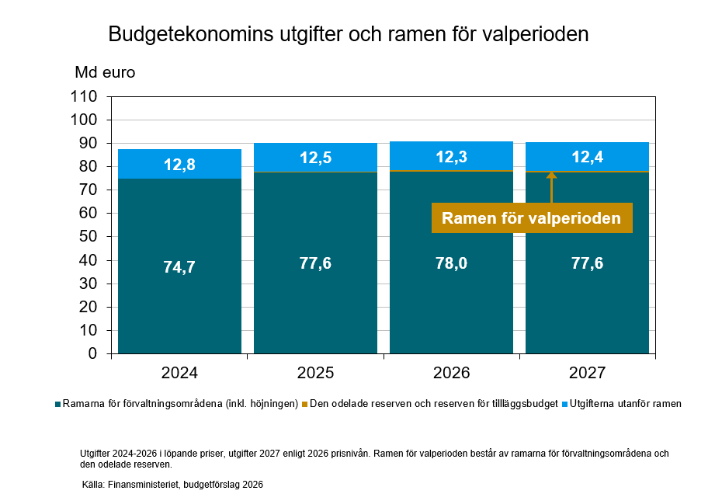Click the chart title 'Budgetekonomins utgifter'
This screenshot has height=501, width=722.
point(348,35)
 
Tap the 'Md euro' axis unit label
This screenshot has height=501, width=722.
point(105,73)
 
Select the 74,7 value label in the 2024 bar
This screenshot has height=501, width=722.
point(179,267)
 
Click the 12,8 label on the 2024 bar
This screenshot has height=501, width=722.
point(179,165)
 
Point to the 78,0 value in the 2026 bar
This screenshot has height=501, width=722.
point(451,263)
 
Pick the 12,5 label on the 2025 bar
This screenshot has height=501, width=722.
point(315,158)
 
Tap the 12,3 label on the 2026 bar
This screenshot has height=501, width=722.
point(451,157)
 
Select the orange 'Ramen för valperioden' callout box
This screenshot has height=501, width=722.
point(531,218)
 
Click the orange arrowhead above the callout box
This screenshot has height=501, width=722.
point(551,176)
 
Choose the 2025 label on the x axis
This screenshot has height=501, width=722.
point(315,373)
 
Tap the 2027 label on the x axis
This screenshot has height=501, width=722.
point(587,373)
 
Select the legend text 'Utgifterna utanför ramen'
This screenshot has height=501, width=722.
point(625,405)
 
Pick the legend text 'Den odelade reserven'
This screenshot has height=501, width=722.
point(431,405)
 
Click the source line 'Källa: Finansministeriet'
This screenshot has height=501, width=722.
point(172,485)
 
